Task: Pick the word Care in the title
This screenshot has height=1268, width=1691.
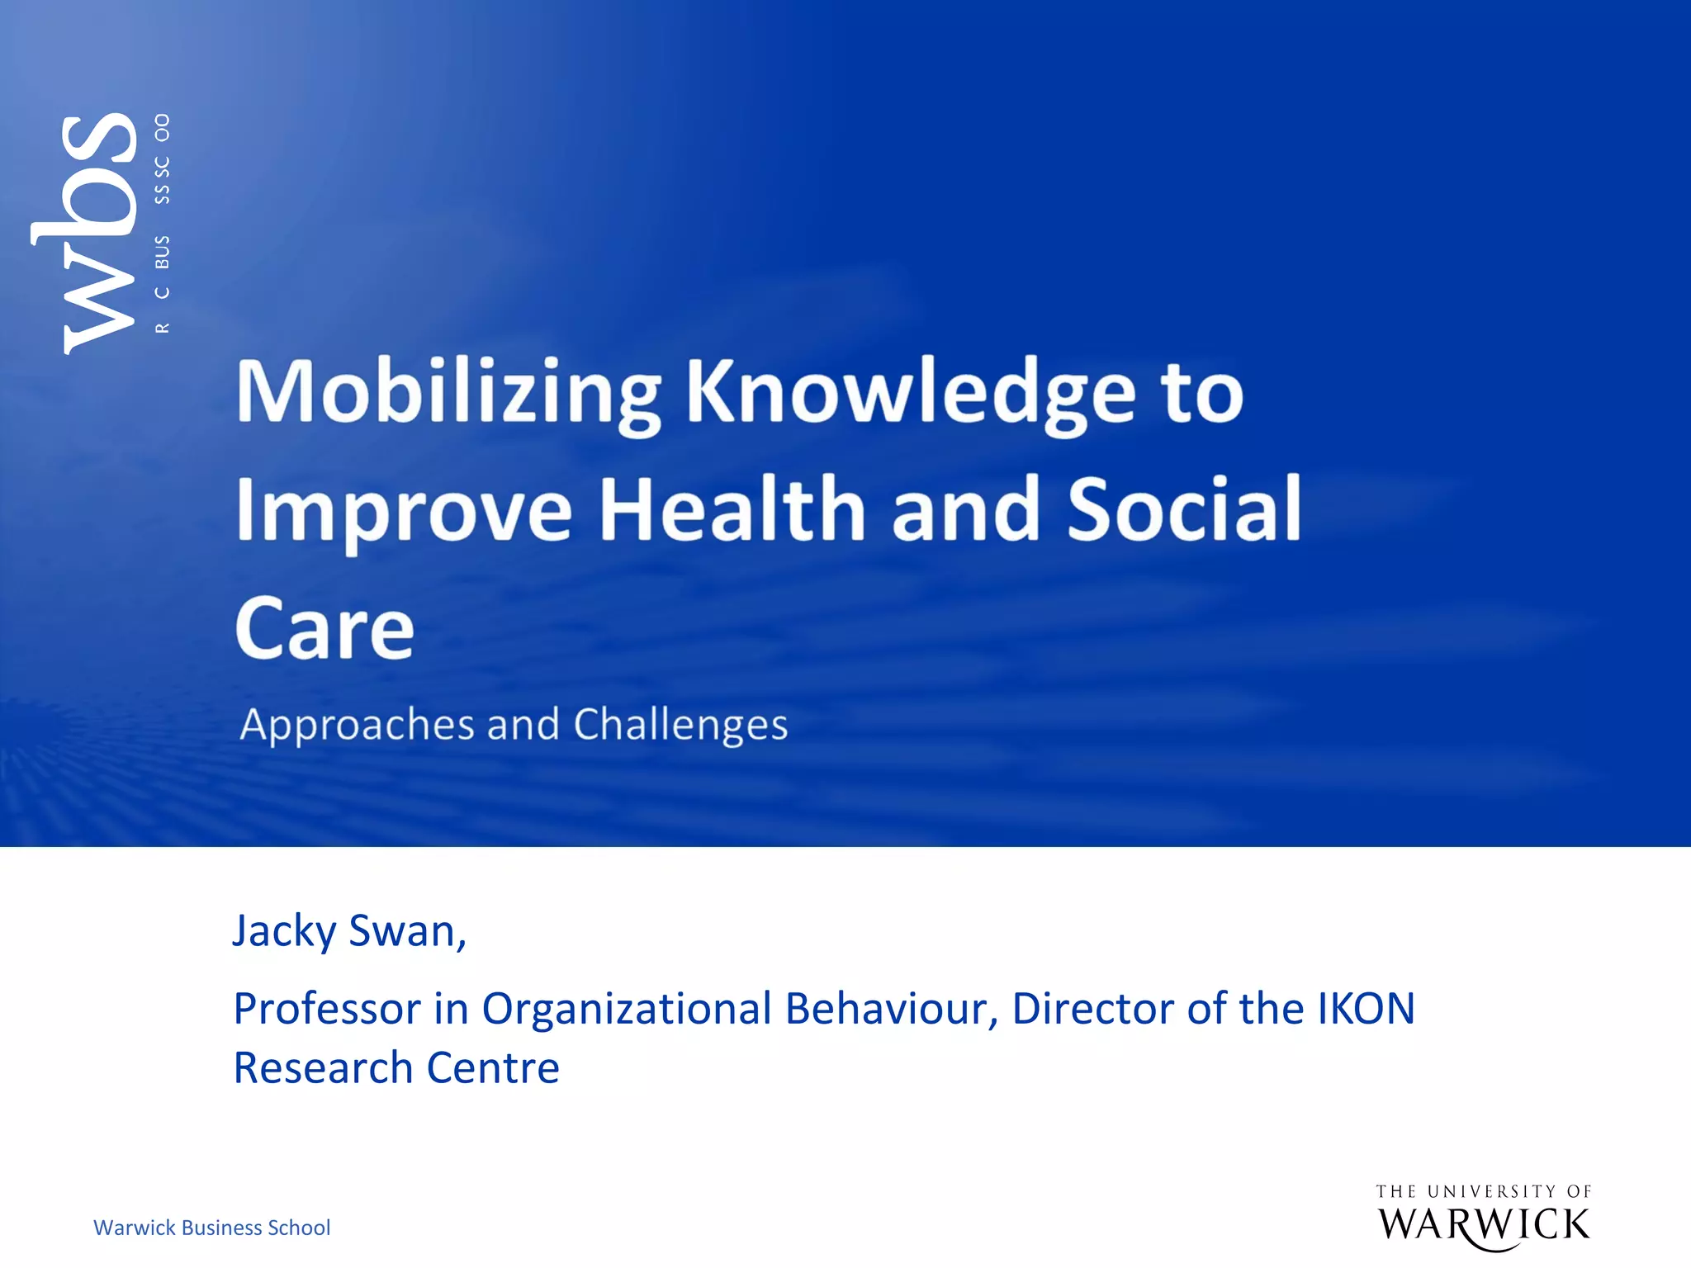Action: [x=324, y=629]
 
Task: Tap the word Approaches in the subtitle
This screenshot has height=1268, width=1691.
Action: [x=356, y=726]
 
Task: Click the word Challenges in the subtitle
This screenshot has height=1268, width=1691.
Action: [x=680, y=726]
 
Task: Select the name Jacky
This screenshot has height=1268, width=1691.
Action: [x=283, y=932]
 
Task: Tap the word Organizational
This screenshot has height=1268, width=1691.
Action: [x=627, y=1009]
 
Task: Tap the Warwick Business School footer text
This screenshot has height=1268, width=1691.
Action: [x=212, y=1228]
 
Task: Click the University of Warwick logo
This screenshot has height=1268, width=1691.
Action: [x=1484, y=1217]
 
